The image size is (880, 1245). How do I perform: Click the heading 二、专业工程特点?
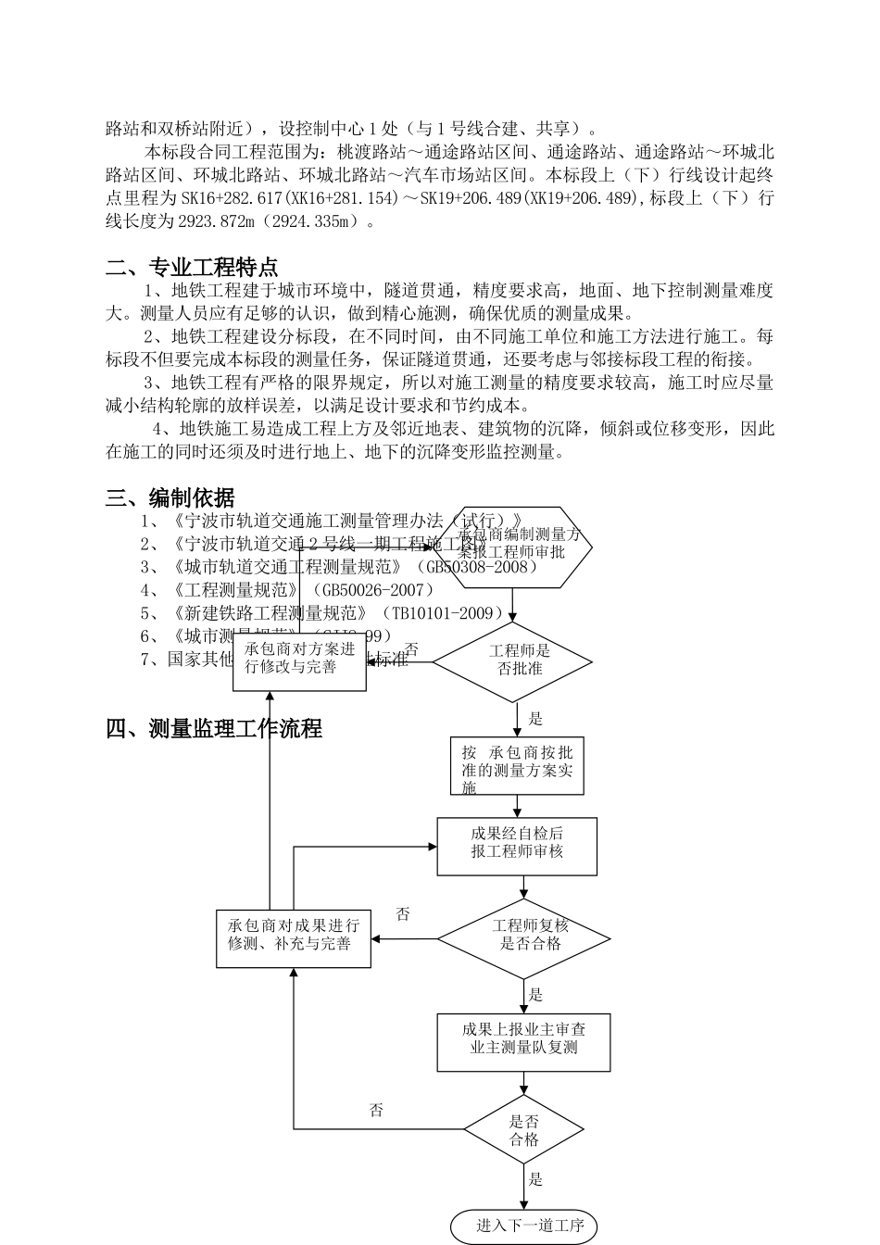click(192, 269)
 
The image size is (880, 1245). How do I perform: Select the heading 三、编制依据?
click(170, 498)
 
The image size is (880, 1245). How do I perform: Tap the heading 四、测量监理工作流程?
click(214, 729)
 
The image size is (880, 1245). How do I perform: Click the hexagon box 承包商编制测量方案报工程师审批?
click(519, 547)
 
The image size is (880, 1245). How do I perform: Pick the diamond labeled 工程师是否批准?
click(512, 660)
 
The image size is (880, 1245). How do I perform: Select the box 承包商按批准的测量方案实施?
click(518, 766)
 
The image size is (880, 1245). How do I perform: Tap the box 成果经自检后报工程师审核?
click(517, 845)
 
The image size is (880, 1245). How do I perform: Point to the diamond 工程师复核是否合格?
click(523, 938)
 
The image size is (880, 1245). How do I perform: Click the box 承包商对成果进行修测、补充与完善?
click(294, 937)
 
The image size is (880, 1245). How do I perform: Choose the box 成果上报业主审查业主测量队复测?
click(523, 1041)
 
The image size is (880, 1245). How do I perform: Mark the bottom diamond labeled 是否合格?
click(523, 1129)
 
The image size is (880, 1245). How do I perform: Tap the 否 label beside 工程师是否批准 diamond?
click(411, 650)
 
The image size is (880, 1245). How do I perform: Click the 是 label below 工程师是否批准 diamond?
click(535, 718)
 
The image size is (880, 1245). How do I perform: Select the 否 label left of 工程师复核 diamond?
click(403, 914)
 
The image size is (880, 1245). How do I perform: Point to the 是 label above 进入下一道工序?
click(535, 1179)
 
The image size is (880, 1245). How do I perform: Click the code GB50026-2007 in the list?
click(374, 590)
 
